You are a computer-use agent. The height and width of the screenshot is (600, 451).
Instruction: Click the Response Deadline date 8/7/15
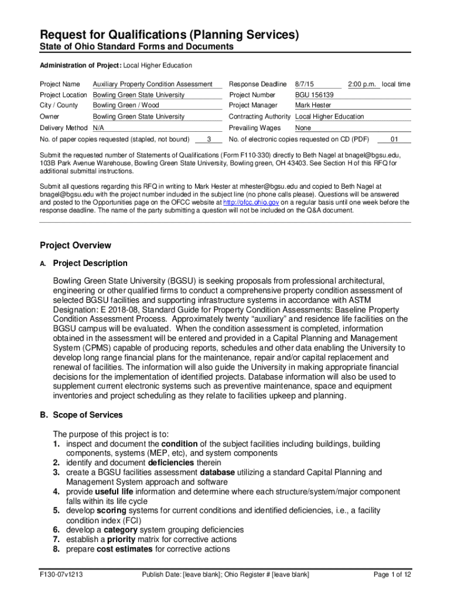coord(305,84)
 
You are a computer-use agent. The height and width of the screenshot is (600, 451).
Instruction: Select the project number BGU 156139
coord(314,95)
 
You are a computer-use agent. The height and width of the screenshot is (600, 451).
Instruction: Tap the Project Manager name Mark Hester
coord(313,105)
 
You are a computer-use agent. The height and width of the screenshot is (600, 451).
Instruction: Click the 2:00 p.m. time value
coord(363,84)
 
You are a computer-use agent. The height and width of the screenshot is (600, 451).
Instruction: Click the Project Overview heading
coord(75,245)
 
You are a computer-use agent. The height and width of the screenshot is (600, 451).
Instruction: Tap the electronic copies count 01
coord(394,139)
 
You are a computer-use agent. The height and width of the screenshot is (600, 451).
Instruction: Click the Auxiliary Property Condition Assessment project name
coord(152,84)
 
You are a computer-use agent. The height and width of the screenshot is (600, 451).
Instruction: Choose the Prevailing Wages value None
coord(303,128)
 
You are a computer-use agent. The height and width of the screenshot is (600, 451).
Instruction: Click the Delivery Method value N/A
coord(98,128)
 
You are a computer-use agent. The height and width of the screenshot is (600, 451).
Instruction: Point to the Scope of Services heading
coord(88,415)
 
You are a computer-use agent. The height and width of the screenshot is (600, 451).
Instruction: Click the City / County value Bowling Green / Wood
coord(126,105)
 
